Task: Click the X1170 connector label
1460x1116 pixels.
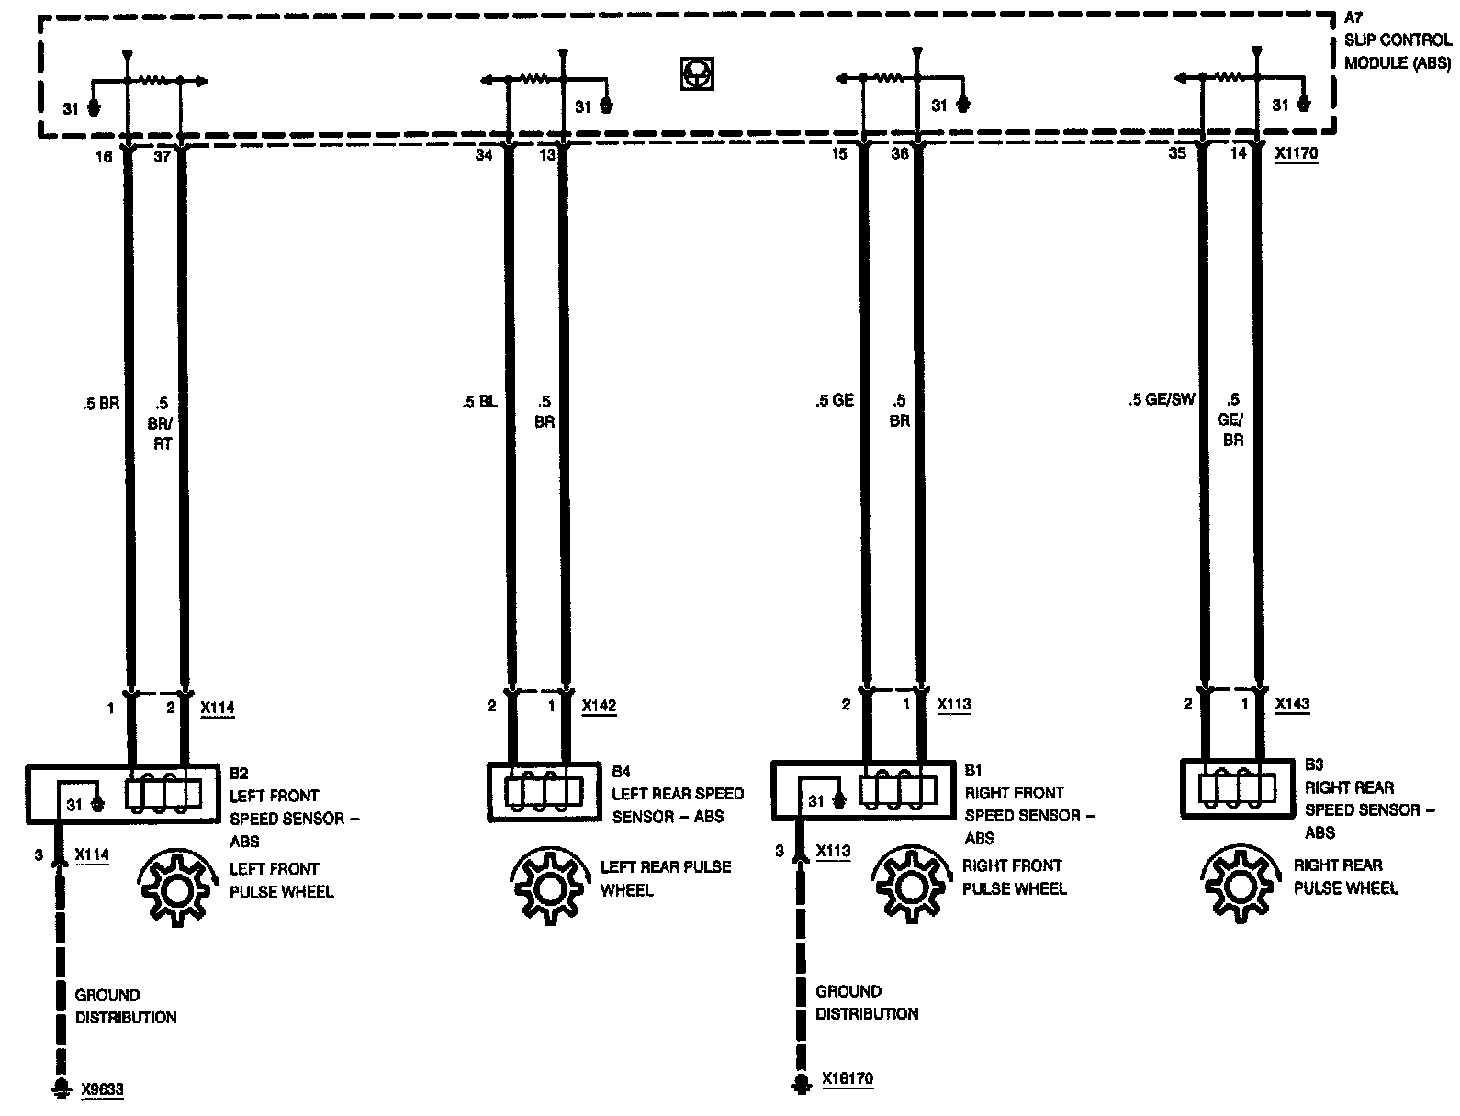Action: coord(1296,154)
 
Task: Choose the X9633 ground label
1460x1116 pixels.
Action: coord(102,1090)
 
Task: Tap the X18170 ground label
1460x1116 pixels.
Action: coord(848,1079)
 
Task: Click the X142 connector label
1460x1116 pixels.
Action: coord(599,706)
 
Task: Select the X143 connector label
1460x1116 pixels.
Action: coord(1292,704)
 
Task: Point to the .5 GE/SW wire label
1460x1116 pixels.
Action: coord(1162,400)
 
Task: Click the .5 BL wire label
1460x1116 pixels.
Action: coord(479,401)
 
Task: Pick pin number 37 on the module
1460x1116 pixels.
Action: coord(162,157)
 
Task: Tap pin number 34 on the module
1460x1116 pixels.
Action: coord(484,155)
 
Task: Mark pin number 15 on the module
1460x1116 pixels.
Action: coord(839,154)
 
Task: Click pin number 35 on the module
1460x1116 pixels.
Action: coord(1177,154)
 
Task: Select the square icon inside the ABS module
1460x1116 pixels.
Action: coord(697,73)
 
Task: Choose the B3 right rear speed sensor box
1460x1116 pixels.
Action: coord(1238,788)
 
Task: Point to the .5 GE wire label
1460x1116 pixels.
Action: coord(834,400)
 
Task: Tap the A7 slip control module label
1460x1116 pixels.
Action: coord(1396,40)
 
